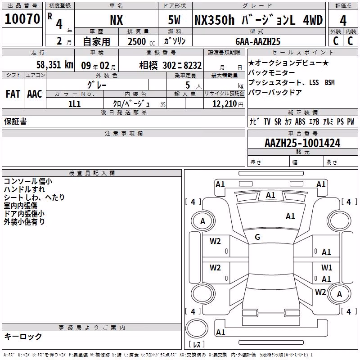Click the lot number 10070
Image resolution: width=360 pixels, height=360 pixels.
[x=22, y=19]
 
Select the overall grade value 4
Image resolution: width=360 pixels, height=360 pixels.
[x=343, y=21]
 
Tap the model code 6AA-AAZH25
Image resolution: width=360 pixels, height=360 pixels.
[x=258, y=41]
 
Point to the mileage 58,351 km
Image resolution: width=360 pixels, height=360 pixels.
[x=55, y=65]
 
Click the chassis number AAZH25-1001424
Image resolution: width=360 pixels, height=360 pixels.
[x=302, y=143]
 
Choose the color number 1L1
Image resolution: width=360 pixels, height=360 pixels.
[x=74, y=104]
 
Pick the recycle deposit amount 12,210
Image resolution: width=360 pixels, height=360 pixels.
[x=225, y=104]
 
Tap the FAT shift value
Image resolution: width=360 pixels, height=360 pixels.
[x=13, y=94]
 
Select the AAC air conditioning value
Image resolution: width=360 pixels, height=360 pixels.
[x=35, y=94]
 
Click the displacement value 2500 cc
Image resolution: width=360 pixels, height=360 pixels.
[x=141, y=41]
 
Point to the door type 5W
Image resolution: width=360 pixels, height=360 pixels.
[x=174, y=20]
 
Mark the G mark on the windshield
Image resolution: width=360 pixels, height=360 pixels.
[x=257, y=237]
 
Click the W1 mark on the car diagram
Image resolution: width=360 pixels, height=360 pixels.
[x=327, y=267]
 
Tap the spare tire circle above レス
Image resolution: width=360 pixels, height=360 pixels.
[x=197, y=328]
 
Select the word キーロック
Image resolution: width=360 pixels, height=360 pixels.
[x=23, y=336]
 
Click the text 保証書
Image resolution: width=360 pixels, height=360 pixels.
[x=15, y=121]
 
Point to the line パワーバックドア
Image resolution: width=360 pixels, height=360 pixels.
[x=275, y=92]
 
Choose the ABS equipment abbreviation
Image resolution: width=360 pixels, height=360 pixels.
[x=300, y=121]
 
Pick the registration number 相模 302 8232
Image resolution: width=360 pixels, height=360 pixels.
[x=171, y=65]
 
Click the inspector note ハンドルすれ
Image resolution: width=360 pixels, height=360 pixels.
[x=24, y=189]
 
